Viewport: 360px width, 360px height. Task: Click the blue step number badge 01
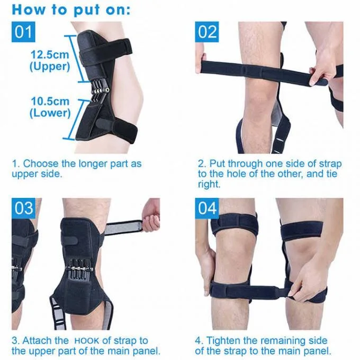[23, 32]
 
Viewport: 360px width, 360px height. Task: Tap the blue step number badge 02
[207, 32]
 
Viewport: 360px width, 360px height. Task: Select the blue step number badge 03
[23, 208]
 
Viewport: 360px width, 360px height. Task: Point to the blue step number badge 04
[207, 208]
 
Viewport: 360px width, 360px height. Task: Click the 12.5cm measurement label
[50, 55]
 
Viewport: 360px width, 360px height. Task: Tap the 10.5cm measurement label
[50, 101]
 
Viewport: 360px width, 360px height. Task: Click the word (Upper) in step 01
[50, 67]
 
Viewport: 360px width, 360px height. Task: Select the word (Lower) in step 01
[50, 113]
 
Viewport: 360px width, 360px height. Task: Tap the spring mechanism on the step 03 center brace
[79, 268]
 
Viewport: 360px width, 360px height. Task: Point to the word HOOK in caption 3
[86, 341]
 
